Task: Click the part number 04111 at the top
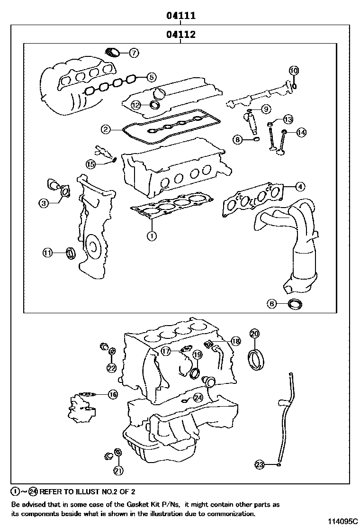(180, 16)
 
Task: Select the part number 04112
(180, 35)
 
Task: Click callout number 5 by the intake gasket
(151, 77)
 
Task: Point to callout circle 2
(106, 129)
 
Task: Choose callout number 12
(136, 105)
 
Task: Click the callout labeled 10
(294, 71)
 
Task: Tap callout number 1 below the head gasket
(151, 236)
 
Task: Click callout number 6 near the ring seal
(271, 304)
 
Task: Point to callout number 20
(254, 334)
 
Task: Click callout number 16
(112, 394)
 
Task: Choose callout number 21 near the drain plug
(118, 470)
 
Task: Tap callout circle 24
(198, 398)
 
